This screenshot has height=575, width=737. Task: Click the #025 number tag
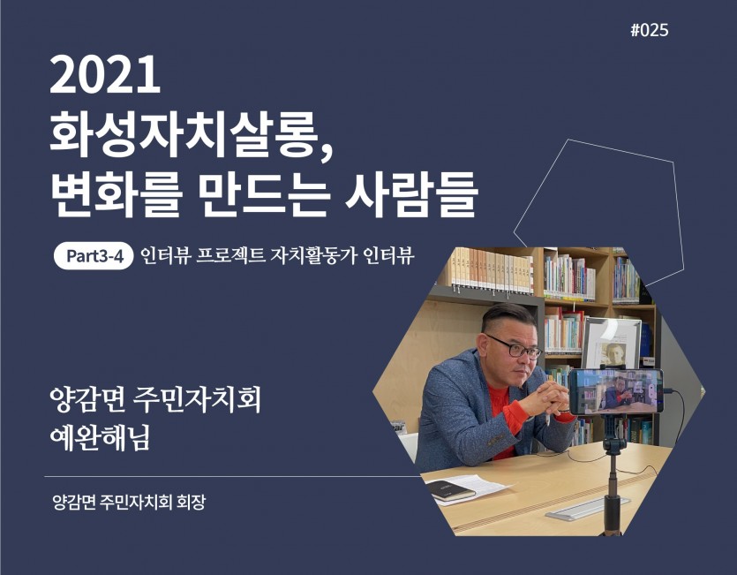649,30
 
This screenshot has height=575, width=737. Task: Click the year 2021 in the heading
105,75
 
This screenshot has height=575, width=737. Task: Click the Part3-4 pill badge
94,256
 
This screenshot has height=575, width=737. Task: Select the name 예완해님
100,438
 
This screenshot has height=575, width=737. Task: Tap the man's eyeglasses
515,347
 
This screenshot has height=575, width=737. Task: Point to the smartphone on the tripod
616,391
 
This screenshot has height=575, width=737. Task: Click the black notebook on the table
451,490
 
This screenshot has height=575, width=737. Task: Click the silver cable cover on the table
588,509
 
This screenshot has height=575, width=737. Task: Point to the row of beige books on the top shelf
492,270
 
